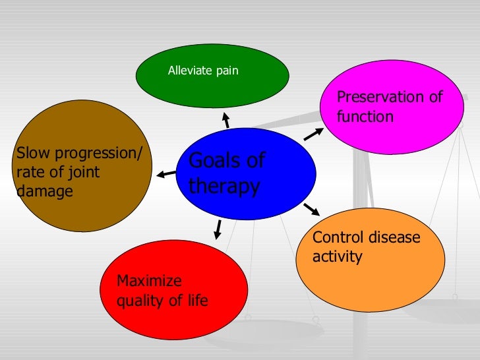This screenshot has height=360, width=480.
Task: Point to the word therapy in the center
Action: pos(224,187)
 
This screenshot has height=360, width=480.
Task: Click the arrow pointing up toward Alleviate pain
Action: pos(225,121)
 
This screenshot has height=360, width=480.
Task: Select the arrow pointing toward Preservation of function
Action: pos(314,134)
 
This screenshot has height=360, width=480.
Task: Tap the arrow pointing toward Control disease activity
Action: pos(311,210)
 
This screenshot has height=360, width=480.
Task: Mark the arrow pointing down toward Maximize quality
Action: pos(217,229)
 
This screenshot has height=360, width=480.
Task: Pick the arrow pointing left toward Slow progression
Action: pos(166,175)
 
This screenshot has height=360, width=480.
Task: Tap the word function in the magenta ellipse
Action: pos(365,117)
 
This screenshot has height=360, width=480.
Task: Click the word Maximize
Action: pos(149,281)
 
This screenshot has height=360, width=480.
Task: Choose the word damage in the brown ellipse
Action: pos(42,191)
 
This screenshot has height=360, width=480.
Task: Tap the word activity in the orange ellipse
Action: pos(337,256)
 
